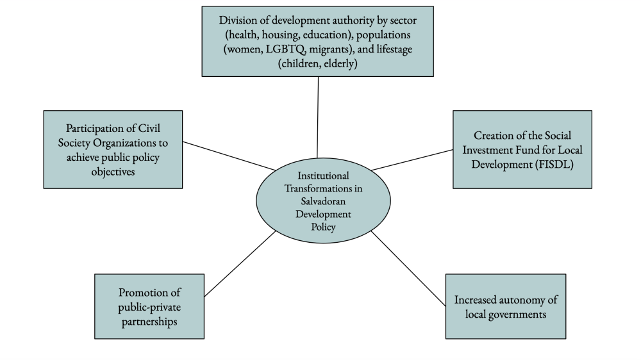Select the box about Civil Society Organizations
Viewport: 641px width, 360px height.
(113, 149)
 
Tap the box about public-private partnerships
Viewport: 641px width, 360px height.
(149, 306)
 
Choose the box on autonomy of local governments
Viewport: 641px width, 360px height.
(505, 306)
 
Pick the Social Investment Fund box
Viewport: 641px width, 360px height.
(522, 149)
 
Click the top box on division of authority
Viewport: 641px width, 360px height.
(317, 42)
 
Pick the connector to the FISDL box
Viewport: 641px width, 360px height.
(412, 160)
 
